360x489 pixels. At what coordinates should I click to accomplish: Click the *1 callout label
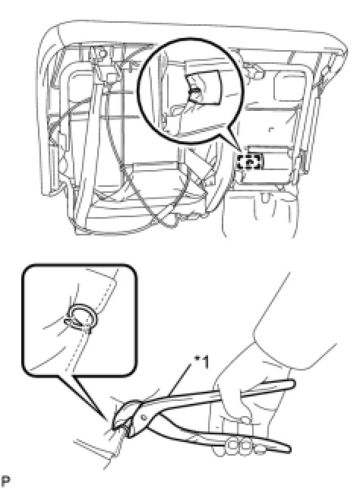201,362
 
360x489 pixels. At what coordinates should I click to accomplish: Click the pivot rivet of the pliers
144,417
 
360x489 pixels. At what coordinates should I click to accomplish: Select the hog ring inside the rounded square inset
81,317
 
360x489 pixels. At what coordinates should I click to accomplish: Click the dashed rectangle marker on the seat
249,162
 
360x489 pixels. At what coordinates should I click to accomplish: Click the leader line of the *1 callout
180,380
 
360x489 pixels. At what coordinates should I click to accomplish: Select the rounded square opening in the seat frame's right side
289,83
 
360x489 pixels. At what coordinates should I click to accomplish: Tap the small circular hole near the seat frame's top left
100,54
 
